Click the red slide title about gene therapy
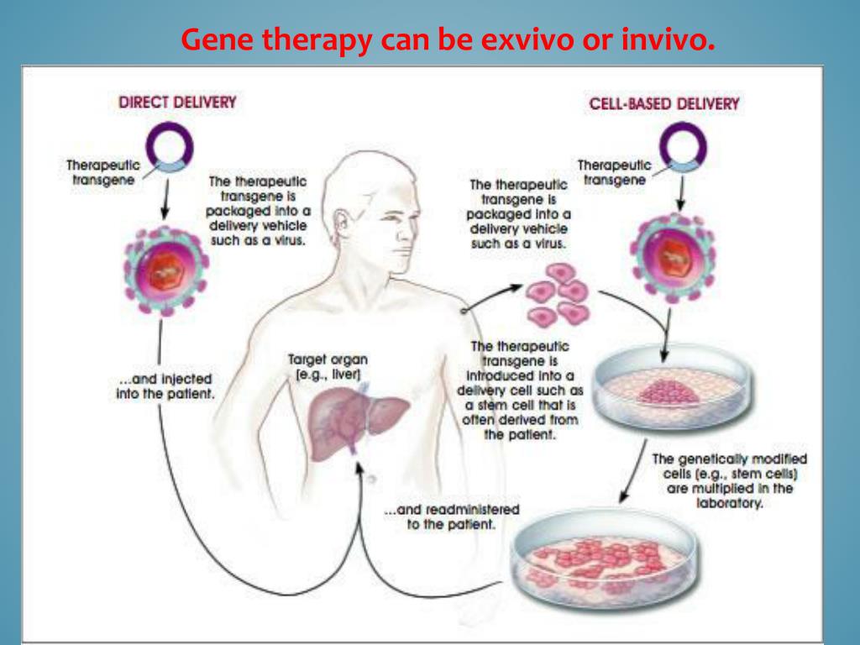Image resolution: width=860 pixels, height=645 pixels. click(448, 39)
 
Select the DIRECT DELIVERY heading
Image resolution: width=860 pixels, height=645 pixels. click(177, 102)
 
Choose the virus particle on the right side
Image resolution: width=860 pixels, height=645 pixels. click(672, 249)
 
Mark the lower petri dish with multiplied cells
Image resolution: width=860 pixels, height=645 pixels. click(606, 558)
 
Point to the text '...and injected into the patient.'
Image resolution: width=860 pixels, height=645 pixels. click(165, 386)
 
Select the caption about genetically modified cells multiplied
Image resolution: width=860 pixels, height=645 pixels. click(729, 481)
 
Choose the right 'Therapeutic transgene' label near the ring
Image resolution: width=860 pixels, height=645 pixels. click(614, 172)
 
